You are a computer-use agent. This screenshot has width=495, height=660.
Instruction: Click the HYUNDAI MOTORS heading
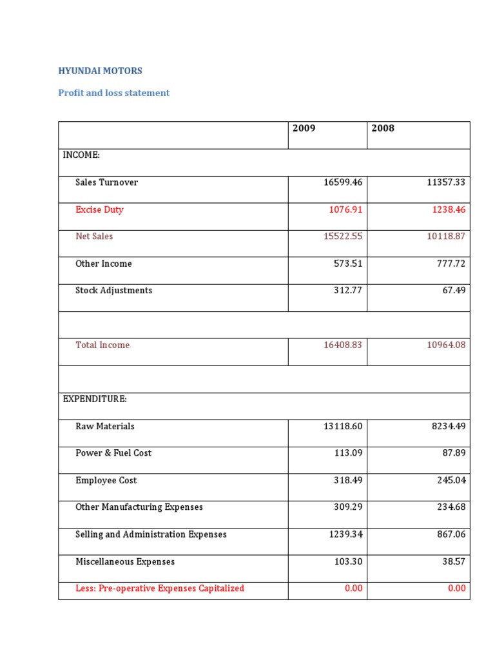click(100, 71)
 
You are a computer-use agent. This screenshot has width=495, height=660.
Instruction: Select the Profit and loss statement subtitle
click(113, 93)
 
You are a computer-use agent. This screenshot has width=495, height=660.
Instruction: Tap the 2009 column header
click(304, 128)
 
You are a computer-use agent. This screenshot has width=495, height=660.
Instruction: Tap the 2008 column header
click(383, 128)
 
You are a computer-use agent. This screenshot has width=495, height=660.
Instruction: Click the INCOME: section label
click(81, 155)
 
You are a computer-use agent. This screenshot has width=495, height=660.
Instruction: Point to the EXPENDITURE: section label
click(95, 399)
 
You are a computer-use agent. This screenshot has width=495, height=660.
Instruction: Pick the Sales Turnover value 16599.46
click(343, 182)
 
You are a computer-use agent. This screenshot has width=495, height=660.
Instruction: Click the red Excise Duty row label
click(99, 209)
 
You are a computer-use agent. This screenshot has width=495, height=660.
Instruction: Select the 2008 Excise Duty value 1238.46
click(446, 209)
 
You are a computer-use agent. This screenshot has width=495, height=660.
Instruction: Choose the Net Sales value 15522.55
click(343, 237)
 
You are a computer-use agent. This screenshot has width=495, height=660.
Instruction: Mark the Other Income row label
click(103, 264)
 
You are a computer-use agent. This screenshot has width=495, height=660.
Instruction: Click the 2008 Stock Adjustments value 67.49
click(452, 291)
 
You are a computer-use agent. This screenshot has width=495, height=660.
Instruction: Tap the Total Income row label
click(102, 345)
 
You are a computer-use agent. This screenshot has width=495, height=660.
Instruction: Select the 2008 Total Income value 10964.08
click(446, 345)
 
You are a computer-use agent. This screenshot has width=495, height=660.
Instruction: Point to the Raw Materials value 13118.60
click(343, 426)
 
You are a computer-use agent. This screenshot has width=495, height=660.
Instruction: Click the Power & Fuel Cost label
click(113, 453)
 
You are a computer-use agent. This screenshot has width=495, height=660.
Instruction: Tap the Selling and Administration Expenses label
click(151, 534)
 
